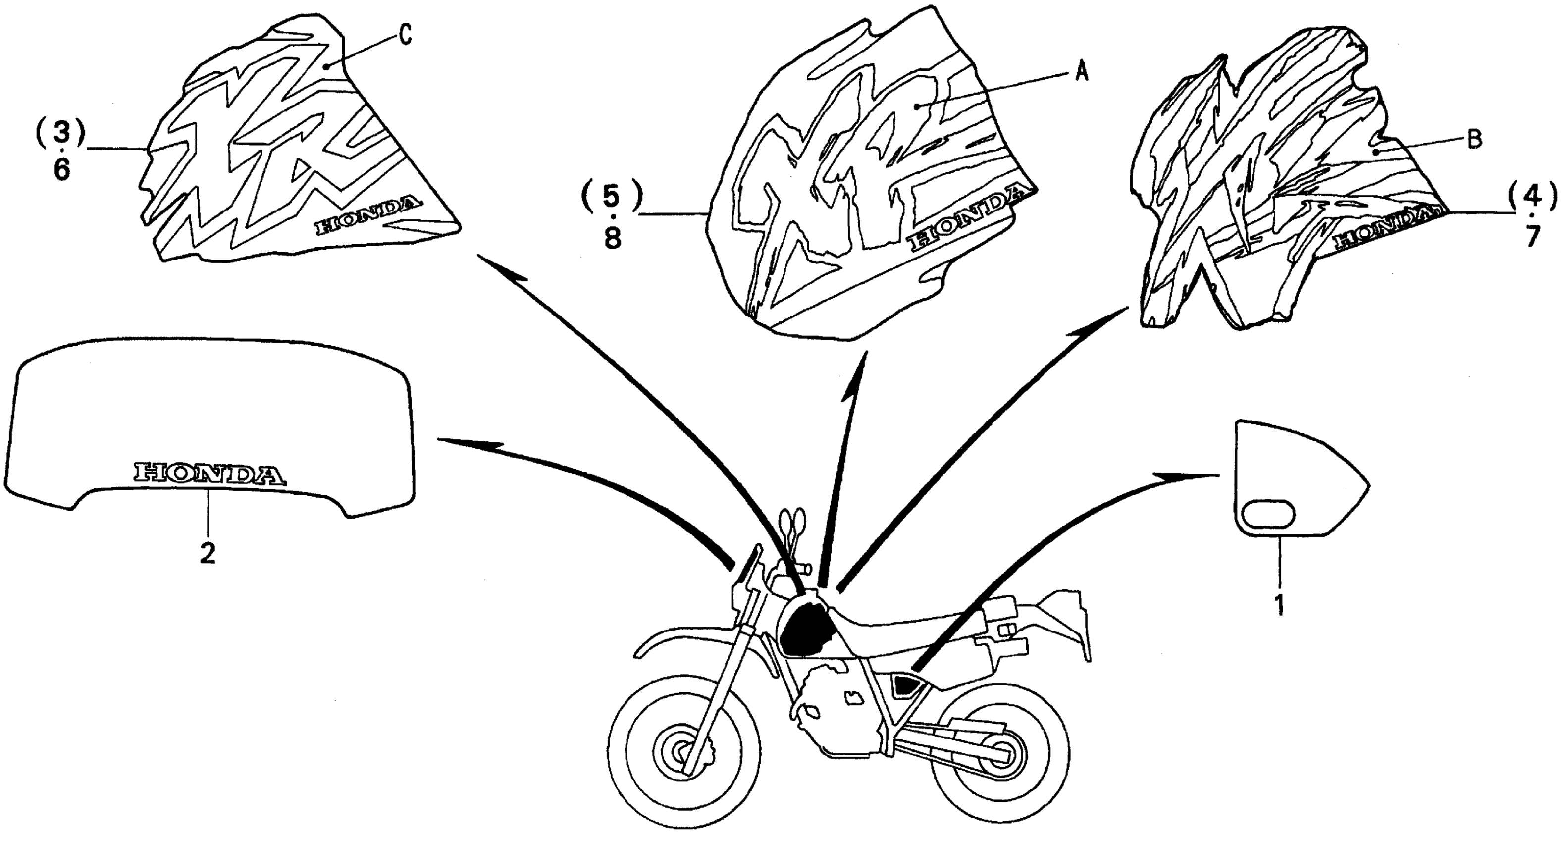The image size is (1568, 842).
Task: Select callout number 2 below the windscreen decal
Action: [x=208, y=553]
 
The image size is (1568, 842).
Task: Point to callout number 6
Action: [x=61, y=170]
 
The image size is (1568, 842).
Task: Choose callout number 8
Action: [x=612, y=238]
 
